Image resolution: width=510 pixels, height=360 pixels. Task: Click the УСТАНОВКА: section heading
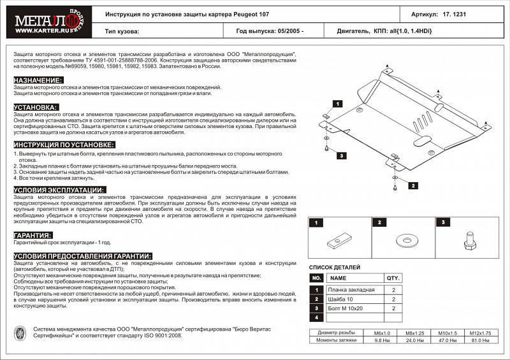[x=36, y=108]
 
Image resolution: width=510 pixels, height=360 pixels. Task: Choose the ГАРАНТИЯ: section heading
[x=33, y=235]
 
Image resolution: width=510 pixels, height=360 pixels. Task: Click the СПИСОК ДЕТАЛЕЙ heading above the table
[x=335, y=268]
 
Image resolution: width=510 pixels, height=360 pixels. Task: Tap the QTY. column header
[x=393, y=278]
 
